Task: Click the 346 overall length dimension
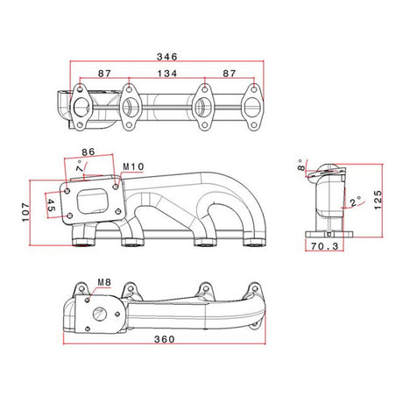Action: (x=167, y=56)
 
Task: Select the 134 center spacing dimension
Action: (x=167, y=74)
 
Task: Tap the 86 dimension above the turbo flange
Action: (x=88, y=152)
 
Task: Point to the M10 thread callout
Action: (x=133, y=166)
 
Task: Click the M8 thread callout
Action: (x=104, y=282)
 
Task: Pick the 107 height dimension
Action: (x=25, y=212)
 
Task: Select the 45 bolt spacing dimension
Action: (x=51, y=205)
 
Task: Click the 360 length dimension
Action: (x=165, y=339)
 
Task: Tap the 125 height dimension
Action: (x=378, y=200)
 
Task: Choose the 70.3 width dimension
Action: (x=324, y=246)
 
